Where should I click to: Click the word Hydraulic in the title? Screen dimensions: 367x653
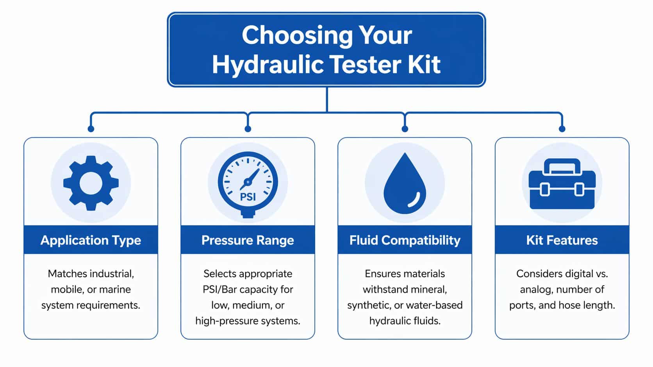(268, 65)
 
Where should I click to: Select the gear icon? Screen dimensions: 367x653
(91, 183)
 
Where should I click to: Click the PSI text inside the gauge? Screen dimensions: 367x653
(248, 197)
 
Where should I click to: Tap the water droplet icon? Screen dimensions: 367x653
(405, 185)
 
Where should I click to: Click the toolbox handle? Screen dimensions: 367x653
(562, 165)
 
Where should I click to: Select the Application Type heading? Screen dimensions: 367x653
(91, 240)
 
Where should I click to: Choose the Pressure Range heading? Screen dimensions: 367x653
(248, 240)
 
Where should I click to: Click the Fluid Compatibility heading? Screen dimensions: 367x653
(405, 240)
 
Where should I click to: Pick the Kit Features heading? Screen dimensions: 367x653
(562, 240)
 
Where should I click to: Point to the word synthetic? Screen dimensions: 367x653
(366, 305)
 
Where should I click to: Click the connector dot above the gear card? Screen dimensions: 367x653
(91, 129)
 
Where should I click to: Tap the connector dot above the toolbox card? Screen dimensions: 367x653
(562, 129)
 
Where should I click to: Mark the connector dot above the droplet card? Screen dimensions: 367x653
(405, 129)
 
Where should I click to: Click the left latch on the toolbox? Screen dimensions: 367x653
(544, 190)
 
